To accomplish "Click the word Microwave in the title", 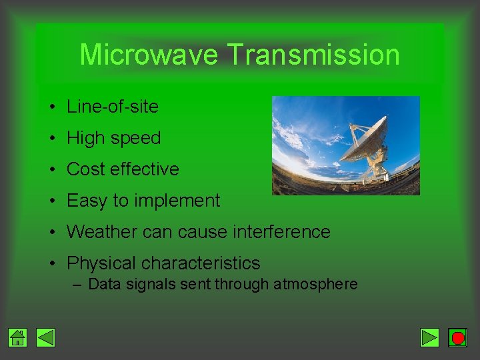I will pos(148,55).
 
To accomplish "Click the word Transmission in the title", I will pos(313,55).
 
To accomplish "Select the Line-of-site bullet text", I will pos(113,107).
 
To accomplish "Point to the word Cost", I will pos(86,169).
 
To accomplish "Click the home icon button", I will pos(18,338).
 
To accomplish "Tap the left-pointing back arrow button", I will pos(45,338).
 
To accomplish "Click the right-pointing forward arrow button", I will pos(430,338).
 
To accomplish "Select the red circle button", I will pos(457,338).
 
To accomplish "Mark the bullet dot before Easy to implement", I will pos(51,201).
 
